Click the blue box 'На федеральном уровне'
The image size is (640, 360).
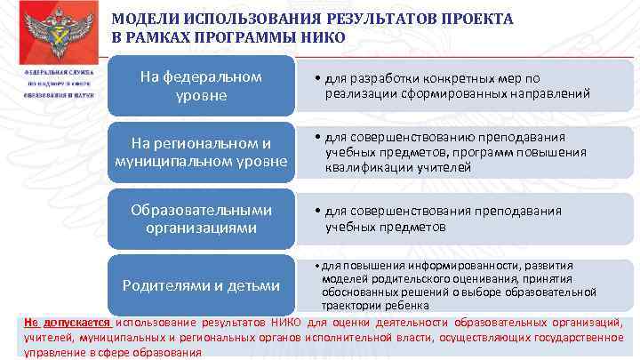201,85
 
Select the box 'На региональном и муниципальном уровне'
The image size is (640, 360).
201,152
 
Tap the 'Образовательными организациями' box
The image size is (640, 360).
201,219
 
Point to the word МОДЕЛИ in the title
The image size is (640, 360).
146,20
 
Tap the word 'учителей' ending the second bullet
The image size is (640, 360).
446,166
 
